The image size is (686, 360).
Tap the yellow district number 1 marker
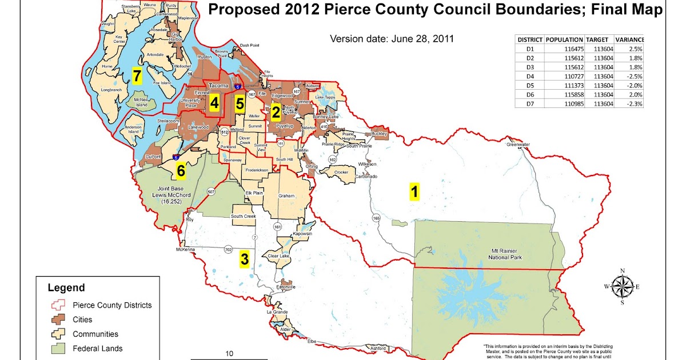pyautogui.click(x=415, y=191)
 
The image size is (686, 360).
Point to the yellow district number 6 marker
pyautogui.click(x=181, y=170)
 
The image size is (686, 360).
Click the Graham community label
pyautogui.click(x=286, y=196)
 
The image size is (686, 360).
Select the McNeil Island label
pyautogui.click(x=141, y=102)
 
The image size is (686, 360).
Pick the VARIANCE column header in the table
pyautogui.click(x=629, y=39)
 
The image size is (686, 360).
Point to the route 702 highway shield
pyautogui.click(x=228, y=250)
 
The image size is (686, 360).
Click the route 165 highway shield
pyautogui.click(x=376, y=218)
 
